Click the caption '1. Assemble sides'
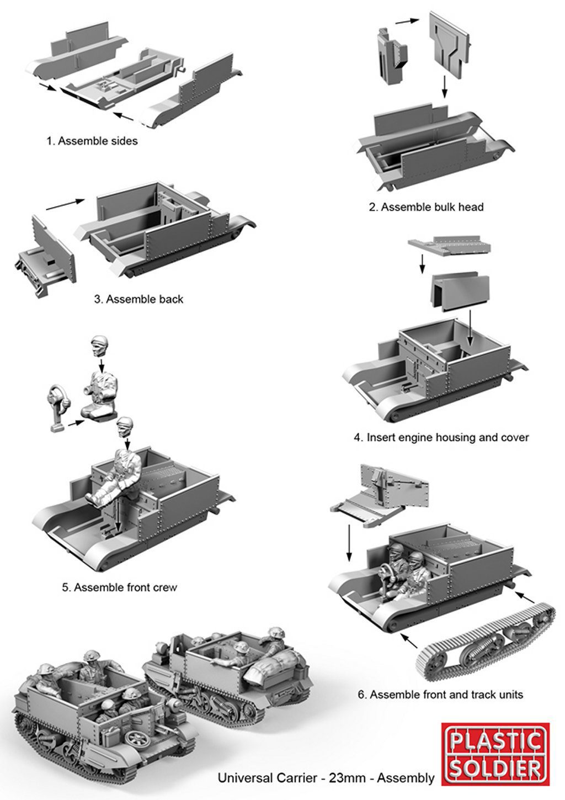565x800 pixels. coord(92,141)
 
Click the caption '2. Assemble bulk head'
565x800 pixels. coord(426,207)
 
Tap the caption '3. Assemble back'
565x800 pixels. coord(138,299)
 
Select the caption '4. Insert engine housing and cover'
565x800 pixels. coord(441,437)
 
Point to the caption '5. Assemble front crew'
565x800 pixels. coord(119,587)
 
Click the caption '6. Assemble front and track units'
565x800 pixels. coord(440,694)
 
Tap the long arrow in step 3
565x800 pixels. coord(65,205)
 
